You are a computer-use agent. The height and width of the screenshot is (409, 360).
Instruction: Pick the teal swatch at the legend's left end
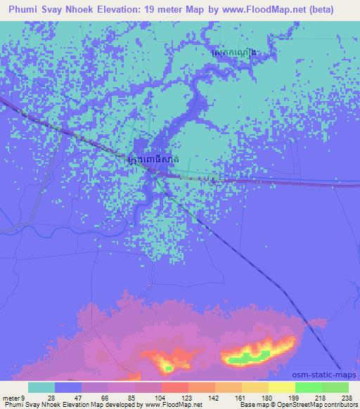tap(41, 387)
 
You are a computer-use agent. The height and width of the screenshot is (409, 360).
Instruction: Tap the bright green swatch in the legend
tap(309, 387)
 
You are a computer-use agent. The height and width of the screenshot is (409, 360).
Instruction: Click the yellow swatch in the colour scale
tap(282, 387)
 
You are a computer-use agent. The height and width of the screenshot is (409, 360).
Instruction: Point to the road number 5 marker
tap(213, 182)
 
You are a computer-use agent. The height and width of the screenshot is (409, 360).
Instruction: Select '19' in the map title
tap(155, 9)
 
